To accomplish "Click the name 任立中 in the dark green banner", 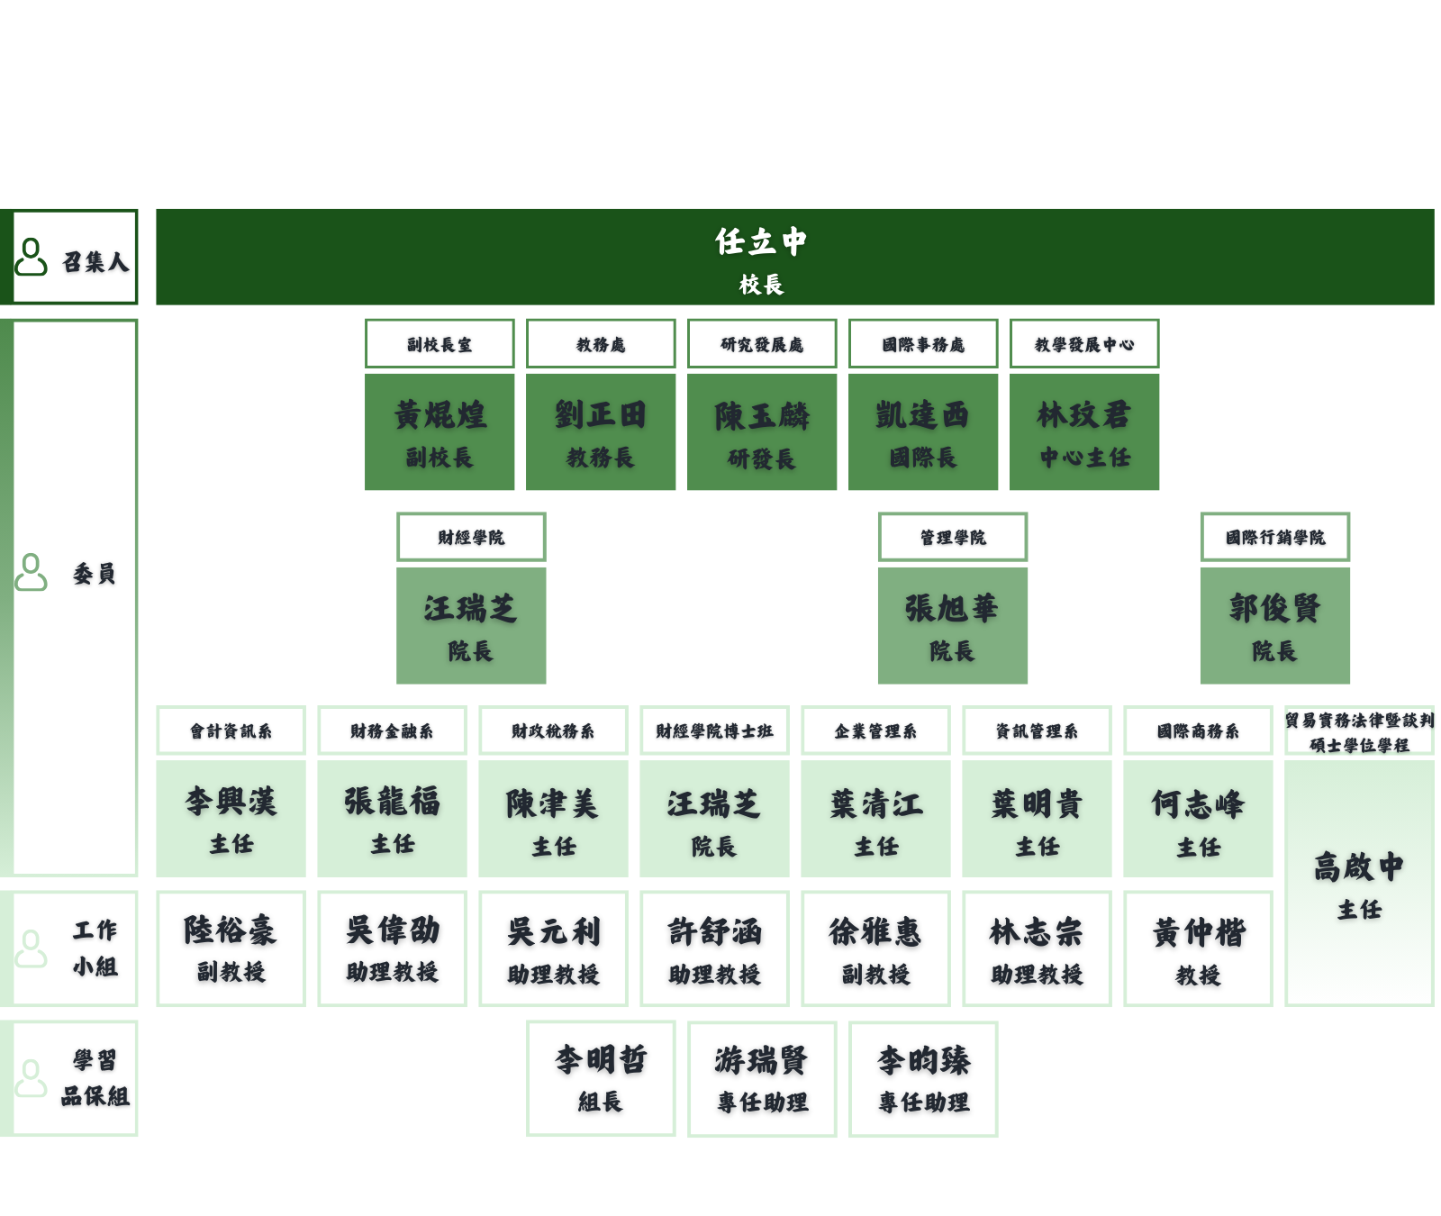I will click(x=761, y=241).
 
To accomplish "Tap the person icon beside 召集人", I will click(x=32, y=257).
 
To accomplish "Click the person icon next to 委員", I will click(x=32, y=572).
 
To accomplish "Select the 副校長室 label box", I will click(x=440, y=344).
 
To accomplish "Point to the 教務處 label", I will click(x=601, y=344).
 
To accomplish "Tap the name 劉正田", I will click(x=601, y=415).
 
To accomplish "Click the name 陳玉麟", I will click(x=762, y=416).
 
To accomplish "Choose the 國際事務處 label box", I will click(x=923, y=344).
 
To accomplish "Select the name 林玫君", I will click(x=1084, y=415).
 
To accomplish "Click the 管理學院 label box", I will click(x=953, y=538).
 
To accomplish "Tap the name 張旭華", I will click(x=953, y=609).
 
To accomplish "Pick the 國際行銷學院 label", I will click(x=1275, y=538).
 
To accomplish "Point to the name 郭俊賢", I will click(x=1275, y=609).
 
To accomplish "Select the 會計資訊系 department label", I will click(x=231, y=731).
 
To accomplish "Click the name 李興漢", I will click(x=231, y=802).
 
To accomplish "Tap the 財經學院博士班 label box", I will click(x=714, y=731).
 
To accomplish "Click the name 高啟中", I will click(x=1359, y=867).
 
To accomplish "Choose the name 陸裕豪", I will click(x=231, y=930).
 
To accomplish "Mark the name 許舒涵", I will click(x=714, y=932).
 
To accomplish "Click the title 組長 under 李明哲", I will click(x=601, y=1102).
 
